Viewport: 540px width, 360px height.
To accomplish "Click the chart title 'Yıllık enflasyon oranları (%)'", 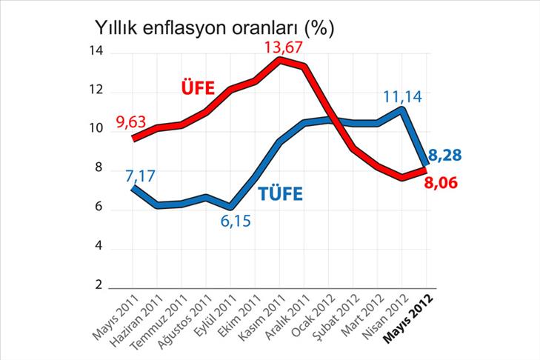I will pos(215,27).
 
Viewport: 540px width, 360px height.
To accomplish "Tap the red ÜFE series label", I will pos(198,88).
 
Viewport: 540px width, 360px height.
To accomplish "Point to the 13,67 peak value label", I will pos(284,47).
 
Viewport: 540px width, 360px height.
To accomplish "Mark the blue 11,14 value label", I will pos(402,96).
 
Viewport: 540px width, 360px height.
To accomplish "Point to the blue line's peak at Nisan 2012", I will pos(401,110).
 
